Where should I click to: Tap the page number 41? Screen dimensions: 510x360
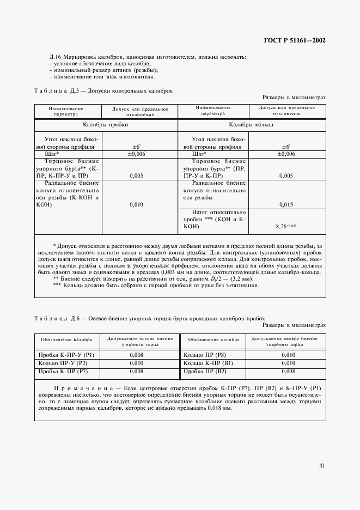(x=322, y=465)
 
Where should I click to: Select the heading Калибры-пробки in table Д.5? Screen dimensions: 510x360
(x=106, y=124)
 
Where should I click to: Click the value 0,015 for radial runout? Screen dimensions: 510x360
(x=286, y=204)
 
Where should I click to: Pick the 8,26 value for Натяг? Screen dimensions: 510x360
(x=286, y=224)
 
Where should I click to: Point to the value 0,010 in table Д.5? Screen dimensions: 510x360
(x=137, y=204)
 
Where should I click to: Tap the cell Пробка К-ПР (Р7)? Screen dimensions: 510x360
(x=60, y=371)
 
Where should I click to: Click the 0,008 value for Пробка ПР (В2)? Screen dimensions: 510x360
(x=288, y=371)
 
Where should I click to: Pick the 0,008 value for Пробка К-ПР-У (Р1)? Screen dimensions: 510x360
(x=137, y=354)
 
